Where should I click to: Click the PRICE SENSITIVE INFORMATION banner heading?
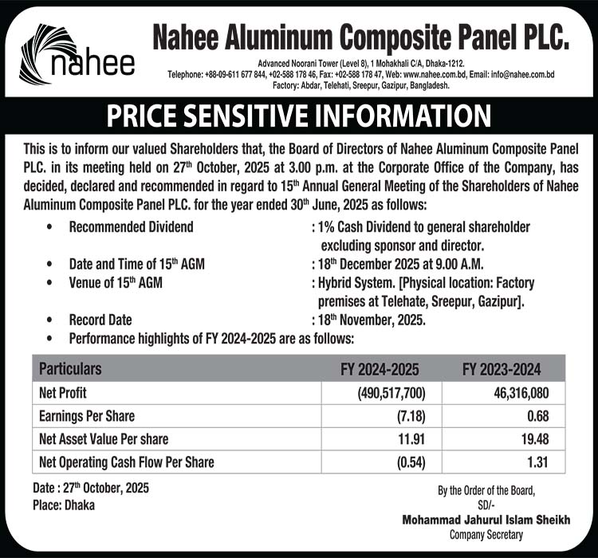pos(299,117)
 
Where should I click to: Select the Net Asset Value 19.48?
pos(531,439)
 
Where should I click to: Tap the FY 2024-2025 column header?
pos(380,370)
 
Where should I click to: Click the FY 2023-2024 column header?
pos(502,370)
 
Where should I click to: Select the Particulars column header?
pos(70,370)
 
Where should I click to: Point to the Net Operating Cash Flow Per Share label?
pos(126,462)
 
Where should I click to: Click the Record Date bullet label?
pos(100,320)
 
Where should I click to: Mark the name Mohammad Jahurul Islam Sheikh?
pos(486,520)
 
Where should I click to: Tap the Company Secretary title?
pos(486,533)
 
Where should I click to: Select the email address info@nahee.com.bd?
pos(522,74)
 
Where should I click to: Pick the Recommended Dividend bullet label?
pos(132,227)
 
